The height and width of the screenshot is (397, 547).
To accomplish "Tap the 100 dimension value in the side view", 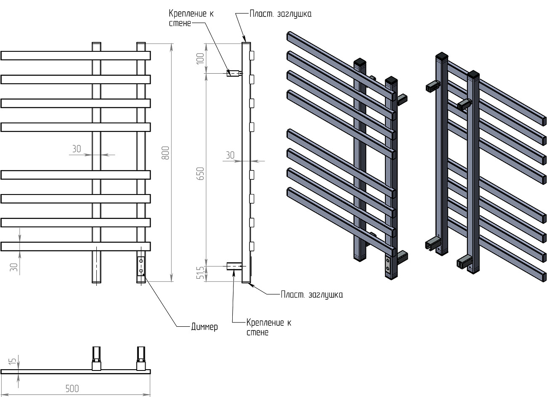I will pyautogui.click(x=200, y=58).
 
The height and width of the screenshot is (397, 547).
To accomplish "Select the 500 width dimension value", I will pyautogui.click(x=72, y=388).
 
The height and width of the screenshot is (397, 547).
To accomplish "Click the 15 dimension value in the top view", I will pyautogui.click(x=13, y=361).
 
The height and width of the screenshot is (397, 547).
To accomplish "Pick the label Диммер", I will pyautogui.click(x=204, y=327).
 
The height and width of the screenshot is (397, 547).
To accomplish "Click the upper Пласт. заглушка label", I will pyautogui.click(x=280, y=14).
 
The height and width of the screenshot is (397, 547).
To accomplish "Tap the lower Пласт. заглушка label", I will pyautogui.click(x=312, y=295).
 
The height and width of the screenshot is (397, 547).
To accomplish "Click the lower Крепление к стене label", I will pyautogui.click(x=268, y=328).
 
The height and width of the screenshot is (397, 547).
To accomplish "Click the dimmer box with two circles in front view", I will pyautogui.click(x=141, y=266).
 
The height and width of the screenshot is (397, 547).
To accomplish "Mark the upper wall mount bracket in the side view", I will pyautogui.click(x=234, y=73).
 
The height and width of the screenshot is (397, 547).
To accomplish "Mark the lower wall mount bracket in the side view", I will pyautogui.click(x=234, y=266).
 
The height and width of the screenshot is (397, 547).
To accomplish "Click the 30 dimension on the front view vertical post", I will pyautogui.click(x=76, y=149).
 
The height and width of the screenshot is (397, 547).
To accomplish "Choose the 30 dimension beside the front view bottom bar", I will pyautogui.click(x=14, y=267).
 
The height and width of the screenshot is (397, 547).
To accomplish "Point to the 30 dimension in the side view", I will pyautogui.click(x=230, y=155).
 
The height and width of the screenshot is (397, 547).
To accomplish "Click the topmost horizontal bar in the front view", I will pyautogui.click(x=76, y=56).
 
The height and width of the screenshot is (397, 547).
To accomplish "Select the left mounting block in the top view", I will pyautogui.click(x=97, y=365).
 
